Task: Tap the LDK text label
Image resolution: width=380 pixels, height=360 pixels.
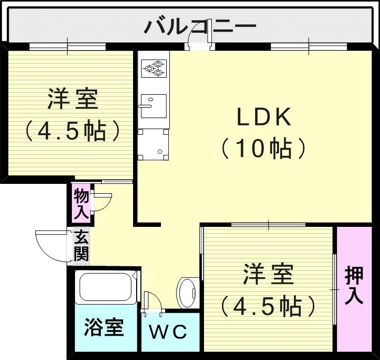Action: pyautogui.click(x=265, y=118)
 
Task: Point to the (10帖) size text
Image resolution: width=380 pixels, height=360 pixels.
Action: pyautogui.click(x=264, y=149)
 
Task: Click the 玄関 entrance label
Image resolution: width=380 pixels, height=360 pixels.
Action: pyautogui.click(x=81, y=247)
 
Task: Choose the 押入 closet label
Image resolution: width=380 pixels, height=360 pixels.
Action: pyautogui.click(x=354, y=285)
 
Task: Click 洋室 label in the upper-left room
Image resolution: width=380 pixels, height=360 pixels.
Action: pyautogui.click(x=73, y=99)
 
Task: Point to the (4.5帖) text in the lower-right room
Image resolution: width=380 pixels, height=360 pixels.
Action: pyautogui.click(x=268, y=306)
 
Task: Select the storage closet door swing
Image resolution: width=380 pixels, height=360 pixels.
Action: pyautogui.click(x=101, y=200)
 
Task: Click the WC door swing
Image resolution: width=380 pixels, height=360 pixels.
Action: pyautogui.click(x=152, y=303)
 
